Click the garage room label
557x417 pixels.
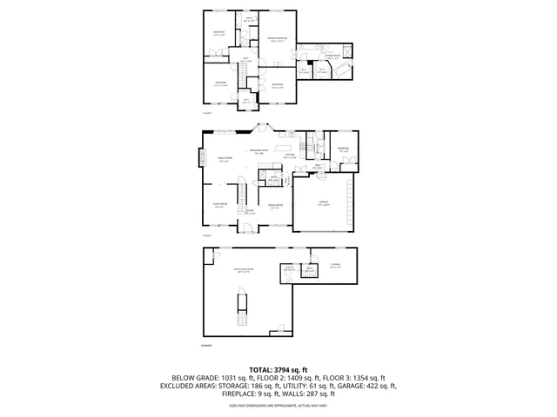pyautogui.click(x=323, y=203)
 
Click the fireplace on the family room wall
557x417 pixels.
pyautogui.click(x=200, y=160)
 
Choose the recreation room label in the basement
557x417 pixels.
pyautogui.click(x=243, y=272)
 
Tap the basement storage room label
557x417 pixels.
pyautogui.click(x=335, y=266)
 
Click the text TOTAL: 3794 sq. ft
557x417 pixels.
pyautogui.click(x=278, y=370)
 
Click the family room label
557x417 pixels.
pyautogui.click(x=225, y=159)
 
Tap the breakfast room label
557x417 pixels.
pyautogui.click(x=258, y=152)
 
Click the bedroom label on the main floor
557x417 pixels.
pyautogui.click(x=343, y=149)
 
